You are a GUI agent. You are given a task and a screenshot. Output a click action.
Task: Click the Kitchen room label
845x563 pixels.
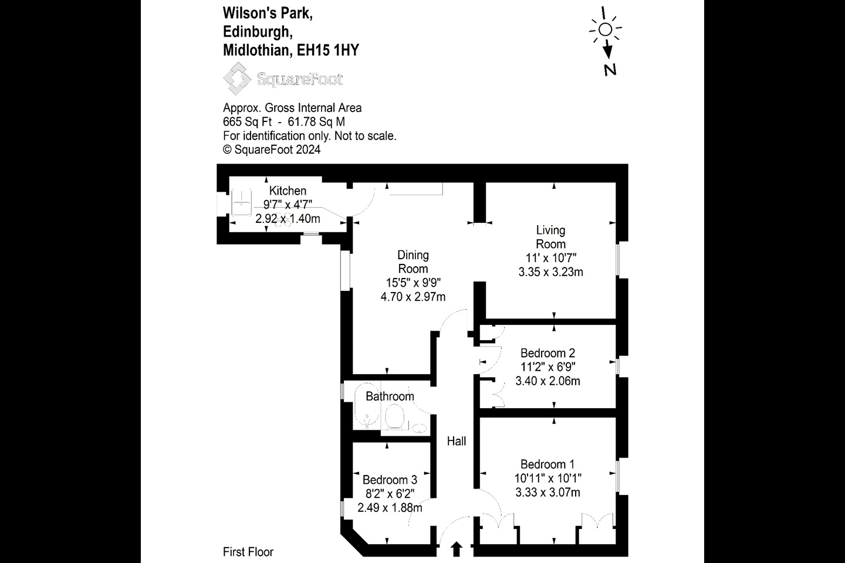(x=288, y=191)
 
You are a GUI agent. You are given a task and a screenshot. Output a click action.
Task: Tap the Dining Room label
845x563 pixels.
(x=413, y=262)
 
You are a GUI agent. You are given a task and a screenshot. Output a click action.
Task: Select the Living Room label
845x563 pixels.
(x=551, y=237)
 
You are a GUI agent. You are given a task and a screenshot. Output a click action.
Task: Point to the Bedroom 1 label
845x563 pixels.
(x=547, y=464)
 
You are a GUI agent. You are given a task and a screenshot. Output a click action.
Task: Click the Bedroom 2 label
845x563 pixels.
(x=547, y=353)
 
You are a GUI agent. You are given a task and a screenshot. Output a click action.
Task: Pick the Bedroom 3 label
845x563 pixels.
(x=390, y=480)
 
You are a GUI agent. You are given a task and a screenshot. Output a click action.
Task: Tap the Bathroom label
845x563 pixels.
(x=390, y=396)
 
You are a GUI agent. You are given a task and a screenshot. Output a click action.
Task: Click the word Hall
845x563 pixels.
(x=457, y=441)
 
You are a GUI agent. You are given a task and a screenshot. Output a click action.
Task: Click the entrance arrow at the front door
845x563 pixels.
(x=457, y=549)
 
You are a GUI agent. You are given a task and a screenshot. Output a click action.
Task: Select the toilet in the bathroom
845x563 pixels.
(x=395, y=416)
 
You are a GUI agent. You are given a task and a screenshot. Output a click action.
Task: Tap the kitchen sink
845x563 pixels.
(x=241, y=202)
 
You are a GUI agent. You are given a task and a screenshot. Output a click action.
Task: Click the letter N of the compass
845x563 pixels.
(x=610, y=70)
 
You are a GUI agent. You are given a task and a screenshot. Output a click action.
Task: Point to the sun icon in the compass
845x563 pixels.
(x=605, y=29)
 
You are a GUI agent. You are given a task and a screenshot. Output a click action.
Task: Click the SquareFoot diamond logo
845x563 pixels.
(x=237, y=79)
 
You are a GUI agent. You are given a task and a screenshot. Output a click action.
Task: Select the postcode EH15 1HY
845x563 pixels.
(x=328, y=50)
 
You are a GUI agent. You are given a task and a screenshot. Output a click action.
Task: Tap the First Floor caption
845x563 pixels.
(x=248, y=552)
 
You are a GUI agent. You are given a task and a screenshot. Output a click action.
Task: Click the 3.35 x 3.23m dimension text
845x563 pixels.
(x=551, y=272)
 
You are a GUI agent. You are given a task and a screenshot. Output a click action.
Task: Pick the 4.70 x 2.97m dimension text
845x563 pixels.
(x=413, y=297)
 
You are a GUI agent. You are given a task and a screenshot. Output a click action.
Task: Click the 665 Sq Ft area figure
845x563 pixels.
(x=247, y=122)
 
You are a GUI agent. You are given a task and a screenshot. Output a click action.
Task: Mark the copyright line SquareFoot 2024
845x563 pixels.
(x=272, y=150)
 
